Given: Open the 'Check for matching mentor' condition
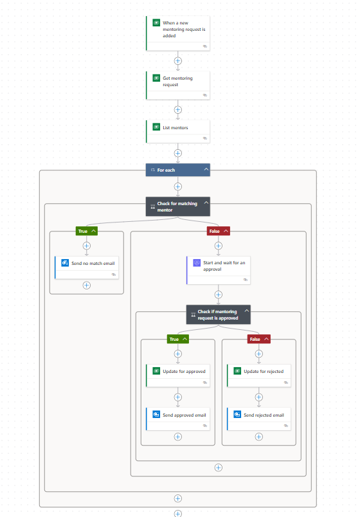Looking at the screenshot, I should click(x=174, y=206).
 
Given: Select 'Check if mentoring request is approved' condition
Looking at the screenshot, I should click(x=215, y=314).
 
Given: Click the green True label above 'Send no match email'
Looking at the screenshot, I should click(x=83, y=231).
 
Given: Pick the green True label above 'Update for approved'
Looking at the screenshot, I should click(x=174, y=339).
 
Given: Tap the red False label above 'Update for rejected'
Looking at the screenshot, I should click(x=255, y=339).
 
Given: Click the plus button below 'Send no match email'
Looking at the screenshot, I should click(x=87, y=285).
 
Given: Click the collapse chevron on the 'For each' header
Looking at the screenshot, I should click(x=206, y=170).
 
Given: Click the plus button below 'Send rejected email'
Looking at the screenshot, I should click(x=259, y=437).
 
